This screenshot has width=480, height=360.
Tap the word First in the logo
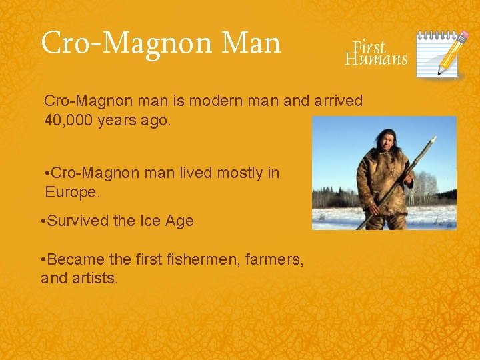pos(369,47)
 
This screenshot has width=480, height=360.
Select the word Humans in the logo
pos(376,59)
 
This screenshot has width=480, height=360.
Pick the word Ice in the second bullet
pos(149,221)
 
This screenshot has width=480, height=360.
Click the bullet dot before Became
pos(43,260)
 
